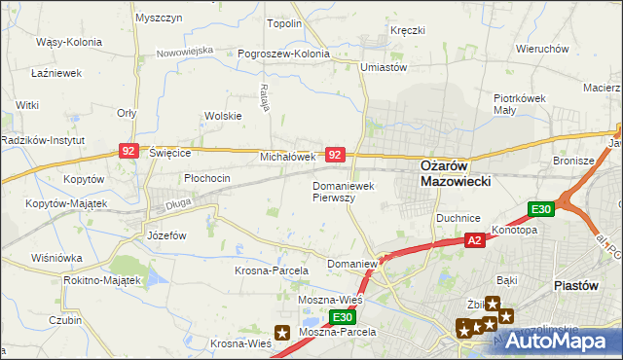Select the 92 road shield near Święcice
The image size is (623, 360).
pos(128,151)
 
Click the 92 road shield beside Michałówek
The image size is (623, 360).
pos(335,155)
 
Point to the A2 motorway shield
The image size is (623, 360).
pos(474,239)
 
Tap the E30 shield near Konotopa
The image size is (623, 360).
pos(541,209)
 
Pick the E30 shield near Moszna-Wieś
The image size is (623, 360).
pos(341,317)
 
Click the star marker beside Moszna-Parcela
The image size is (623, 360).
pos(283,332)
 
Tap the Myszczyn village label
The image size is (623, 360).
pos(160,18)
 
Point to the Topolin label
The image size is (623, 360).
pos(284,24)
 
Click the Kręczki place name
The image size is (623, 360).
pos(407,31)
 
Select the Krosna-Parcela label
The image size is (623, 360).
pos(272,270)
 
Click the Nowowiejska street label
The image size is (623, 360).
pos(184,50)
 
